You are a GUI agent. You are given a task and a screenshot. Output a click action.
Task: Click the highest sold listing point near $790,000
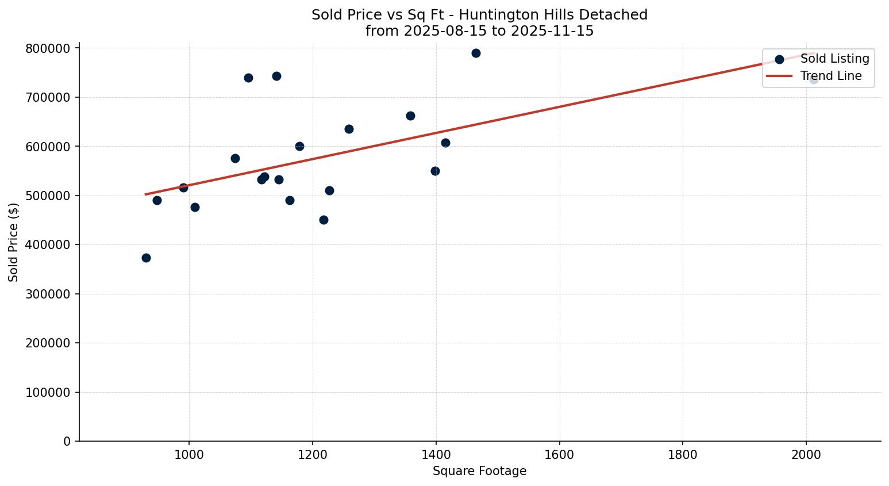476,53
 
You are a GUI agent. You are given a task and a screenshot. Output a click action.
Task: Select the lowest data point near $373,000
146,258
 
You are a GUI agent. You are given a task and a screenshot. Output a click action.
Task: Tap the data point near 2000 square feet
814,79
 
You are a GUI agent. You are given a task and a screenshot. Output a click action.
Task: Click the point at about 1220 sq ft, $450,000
324,220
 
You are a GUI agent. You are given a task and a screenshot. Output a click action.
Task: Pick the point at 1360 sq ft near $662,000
410,116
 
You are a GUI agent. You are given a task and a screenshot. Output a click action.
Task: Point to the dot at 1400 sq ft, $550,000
435,171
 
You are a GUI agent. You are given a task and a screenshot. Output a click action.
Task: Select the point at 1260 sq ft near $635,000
349,129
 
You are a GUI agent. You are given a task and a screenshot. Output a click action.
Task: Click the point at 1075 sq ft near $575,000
235,158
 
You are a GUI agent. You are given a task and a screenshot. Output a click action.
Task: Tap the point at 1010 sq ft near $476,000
195,207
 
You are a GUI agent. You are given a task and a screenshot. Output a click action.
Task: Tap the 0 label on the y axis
67,441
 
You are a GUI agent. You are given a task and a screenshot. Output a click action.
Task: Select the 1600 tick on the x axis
559,454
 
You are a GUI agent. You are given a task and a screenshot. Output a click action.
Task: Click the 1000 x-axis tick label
189,454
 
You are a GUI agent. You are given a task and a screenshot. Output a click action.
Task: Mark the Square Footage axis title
479,471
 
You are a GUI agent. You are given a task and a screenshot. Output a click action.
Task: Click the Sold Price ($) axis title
14,242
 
